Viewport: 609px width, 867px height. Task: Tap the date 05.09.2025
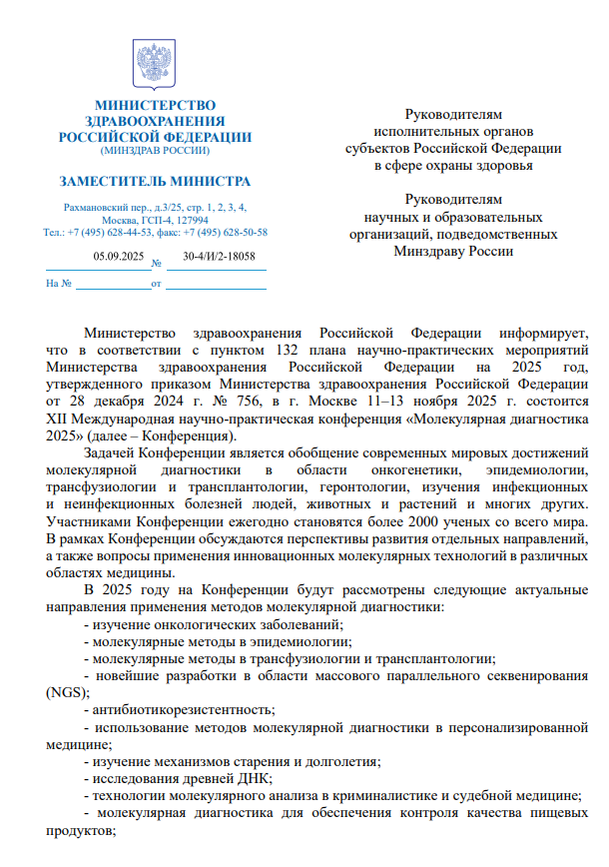click(119, 257)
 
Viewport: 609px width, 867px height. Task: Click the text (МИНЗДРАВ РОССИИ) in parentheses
click(155, 151)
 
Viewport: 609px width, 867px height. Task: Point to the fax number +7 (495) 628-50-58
click(228, 232)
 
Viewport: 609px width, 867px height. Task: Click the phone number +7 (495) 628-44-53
click(120, 232)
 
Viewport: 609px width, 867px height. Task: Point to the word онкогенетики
click(416, 469)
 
